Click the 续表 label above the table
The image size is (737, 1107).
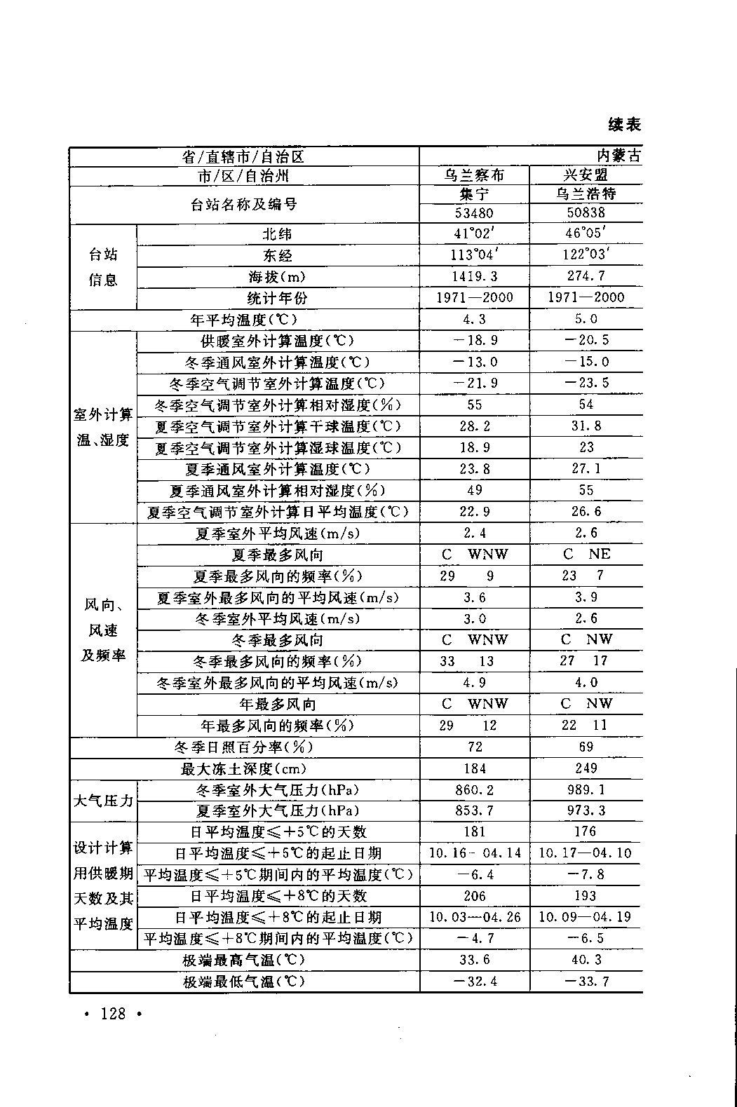point(624,125)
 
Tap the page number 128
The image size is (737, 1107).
point(113,1013)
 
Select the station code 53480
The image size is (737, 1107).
point(474,212)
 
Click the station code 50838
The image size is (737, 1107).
point(586,212)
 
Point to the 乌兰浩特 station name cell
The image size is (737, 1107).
point(586,193)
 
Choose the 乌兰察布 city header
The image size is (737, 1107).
point(474,175)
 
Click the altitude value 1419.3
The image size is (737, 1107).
point(474,276)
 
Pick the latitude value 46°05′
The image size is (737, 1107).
point(586,233)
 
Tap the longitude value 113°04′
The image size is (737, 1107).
point(474,255)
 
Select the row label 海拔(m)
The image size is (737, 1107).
point(277,277)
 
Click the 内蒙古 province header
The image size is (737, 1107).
point(618,156)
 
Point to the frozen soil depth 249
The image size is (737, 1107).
point(586,768)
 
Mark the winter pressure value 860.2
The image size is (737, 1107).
point(474,789)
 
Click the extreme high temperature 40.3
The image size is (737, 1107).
point(586,959)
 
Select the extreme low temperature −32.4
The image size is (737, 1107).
point(474,981)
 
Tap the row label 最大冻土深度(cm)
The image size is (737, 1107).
point(241,768)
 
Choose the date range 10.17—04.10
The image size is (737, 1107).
point(586,853)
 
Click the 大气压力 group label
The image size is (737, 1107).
point(103,800)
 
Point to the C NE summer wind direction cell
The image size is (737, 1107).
point(587,554)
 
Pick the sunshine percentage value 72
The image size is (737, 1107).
point(474,747)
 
